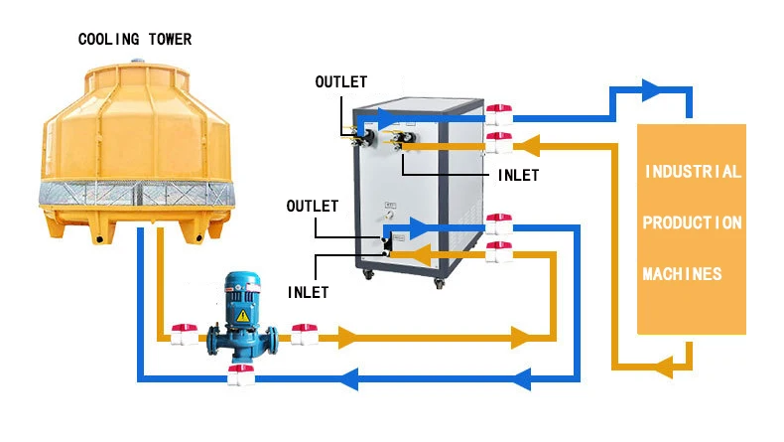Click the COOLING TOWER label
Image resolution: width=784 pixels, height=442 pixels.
[135, 40]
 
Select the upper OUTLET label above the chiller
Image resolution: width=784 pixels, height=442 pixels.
[340, 81]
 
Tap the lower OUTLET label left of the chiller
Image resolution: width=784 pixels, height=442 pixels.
[312, 207]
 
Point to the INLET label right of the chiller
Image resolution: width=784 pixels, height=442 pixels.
[517, 176]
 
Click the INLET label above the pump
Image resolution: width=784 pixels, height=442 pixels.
[309, 293]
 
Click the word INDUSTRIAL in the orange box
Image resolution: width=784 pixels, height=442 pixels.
[693, 172]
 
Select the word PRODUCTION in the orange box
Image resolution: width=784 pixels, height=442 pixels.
[692, 222]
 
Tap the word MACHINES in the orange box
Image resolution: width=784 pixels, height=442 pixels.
[682, 273]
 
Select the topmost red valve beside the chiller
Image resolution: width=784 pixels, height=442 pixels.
[498, 109]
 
